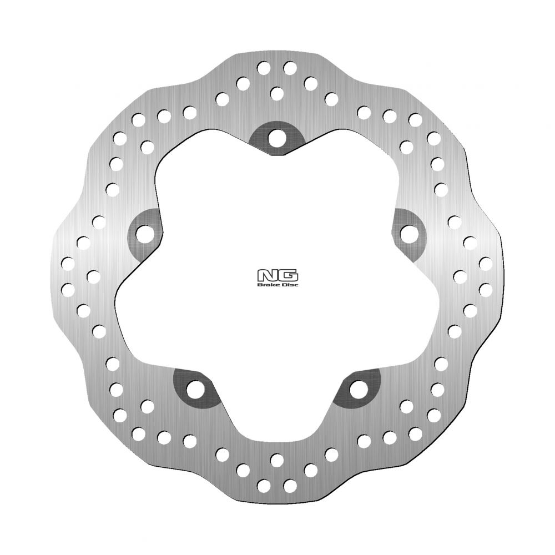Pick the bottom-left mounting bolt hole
click(x=194, y=389)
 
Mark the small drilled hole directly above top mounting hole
click(x=276, y=92)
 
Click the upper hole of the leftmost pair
click(x=69, y=262)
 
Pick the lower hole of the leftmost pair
click(x=69, y=289)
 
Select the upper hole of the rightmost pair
click(x=486, y=262)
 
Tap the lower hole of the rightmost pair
click(x=486, y=289)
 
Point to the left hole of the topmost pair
click(x=263, y=68)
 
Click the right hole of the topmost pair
click(x=289, y=68)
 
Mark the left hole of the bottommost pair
click(x=263, y=485)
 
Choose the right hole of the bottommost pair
click(x=289, y=485)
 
